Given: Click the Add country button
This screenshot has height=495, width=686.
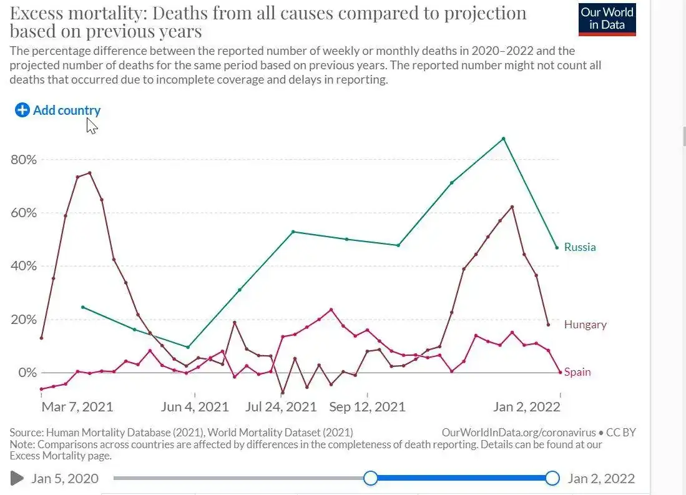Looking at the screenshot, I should (x=58, y=110).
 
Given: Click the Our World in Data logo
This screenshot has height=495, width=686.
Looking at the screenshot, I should (x=607, y=19).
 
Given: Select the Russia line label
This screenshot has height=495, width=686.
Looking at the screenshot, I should (x=579, y=247).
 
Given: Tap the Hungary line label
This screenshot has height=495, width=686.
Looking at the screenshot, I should (x=585, y=325).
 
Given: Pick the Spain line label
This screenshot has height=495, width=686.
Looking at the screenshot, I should (x=577, y=373).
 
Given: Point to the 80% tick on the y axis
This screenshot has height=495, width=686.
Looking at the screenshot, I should (x=24, y=160).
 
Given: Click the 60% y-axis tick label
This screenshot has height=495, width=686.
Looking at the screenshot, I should (x=24, y=213).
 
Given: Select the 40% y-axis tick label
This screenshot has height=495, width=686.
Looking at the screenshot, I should (x=24, y=267).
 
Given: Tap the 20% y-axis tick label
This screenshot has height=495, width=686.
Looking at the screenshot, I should (x=24, y=320).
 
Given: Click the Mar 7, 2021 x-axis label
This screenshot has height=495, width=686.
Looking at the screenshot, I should (x=77, y=407).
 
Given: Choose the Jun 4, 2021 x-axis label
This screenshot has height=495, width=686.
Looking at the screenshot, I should (x=195, y=407).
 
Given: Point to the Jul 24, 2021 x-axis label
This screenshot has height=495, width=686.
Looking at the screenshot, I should (x=282, y=407).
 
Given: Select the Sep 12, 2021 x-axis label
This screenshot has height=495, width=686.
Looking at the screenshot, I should (x=367, y=407).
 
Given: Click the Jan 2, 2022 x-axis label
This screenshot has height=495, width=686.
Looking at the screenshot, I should (x=526, y=407).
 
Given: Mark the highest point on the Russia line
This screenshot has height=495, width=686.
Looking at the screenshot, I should (x=504, y=139).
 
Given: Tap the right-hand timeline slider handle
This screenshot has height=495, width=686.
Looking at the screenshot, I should (x=552, y=479).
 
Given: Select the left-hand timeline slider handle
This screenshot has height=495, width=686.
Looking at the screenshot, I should (x=371, y=479).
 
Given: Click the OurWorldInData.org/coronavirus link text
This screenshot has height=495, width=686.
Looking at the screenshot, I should (x=518, y=432).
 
